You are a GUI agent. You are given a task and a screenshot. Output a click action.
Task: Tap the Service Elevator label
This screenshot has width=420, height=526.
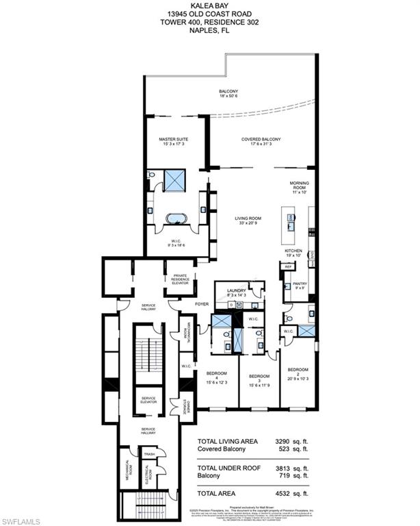pos(149,401)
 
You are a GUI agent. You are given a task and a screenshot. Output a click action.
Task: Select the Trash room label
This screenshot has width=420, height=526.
pos(148,454)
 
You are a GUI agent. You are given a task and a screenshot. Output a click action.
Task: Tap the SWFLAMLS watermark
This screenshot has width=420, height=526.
pos(25,516)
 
